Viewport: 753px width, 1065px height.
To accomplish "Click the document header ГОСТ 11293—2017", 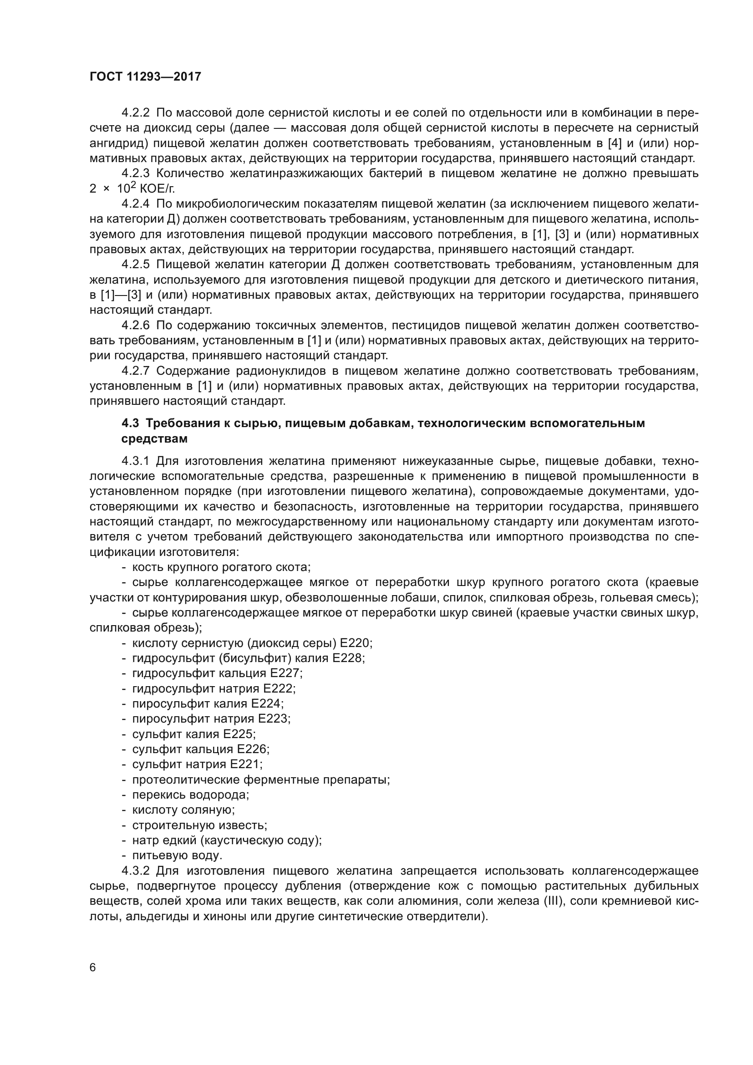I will point(145,76).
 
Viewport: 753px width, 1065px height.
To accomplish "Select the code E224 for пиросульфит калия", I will point(267,703).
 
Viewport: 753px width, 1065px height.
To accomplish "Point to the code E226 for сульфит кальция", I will point(253,749).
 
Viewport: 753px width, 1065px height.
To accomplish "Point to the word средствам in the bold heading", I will point(154,439).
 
